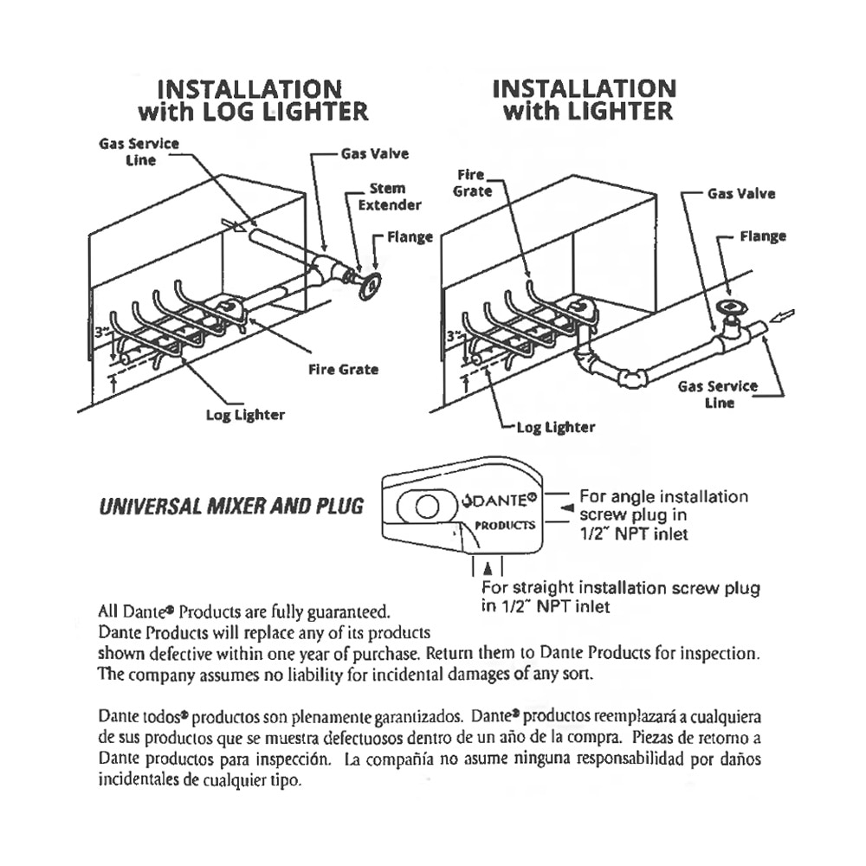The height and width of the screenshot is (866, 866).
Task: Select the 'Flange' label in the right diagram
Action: coord(763,236)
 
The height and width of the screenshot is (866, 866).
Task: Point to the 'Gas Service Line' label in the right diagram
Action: coord(717,394)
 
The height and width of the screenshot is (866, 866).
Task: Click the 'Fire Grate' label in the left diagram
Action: coord(344,369)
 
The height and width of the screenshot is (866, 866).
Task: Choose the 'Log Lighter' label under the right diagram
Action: coord(555,427)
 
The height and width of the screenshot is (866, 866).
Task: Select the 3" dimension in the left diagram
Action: coord(100,329)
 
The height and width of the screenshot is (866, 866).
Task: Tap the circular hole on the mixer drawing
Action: coord(424,507)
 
